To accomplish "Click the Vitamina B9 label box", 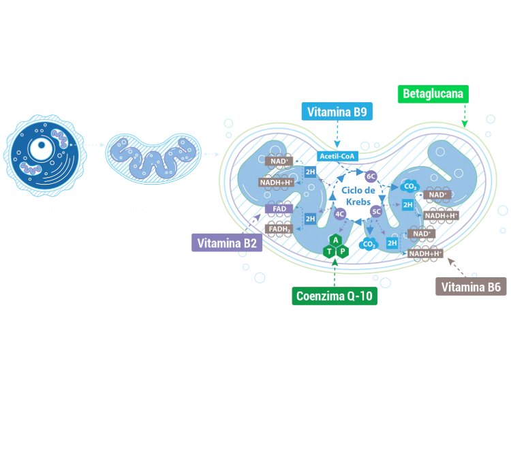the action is tap(337, 112).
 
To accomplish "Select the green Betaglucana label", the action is tap(433, 94).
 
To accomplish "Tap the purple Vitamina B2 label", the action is tap(227, 243).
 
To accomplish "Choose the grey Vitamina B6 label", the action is tap(471, 287).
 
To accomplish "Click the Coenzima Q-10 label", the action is tap(335, 296).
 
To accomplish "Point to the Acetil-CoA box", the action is tap(337, 157).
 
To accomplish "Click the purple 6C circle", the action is tap(371, 176).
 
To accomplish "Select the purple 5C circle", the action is tap(376, 212).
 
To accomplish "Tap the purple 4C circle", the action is tap(340, 214).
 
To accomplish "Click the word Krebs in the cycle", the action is tap(358, 202).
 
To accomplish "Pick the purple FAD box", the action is tap(279, 209).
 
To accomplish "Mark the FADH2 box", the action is tap(279, 229).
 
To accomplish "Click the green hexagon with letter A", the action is tap(336, 240).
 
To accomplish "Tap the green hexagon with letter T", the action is tap(330, 251).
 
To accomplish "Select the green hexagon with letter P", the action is tap(343, 251).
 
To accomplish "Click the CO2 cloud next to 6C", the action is tap(410, 187).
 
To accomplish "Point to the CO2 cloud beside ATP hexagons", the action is tap(369, 245).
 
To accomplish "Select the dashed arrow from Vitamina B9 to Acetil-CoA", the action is tap(337, 134).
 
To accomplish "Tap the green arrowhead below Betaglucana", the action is tap(465, 124).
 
